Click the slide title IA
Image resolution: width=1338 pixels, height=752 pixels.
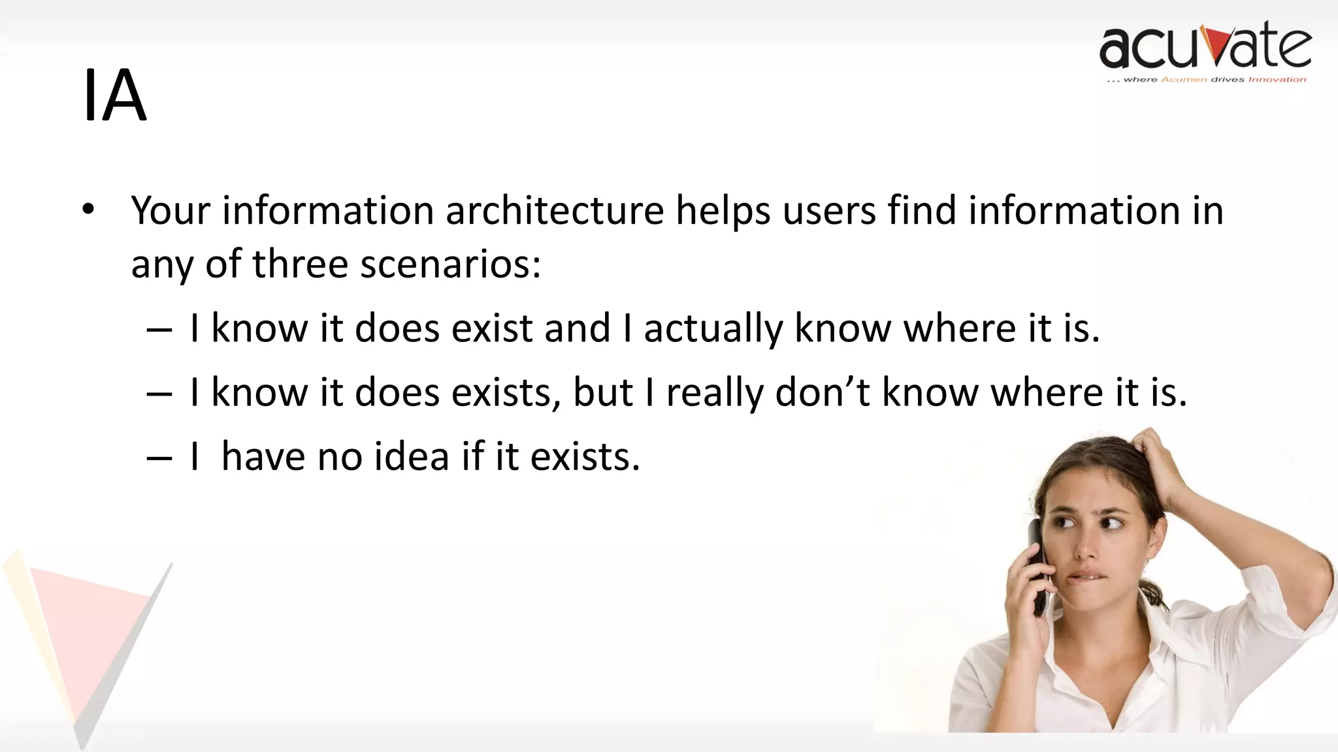115,96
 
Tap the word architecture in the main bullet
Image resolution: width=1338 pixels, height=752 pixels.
555,211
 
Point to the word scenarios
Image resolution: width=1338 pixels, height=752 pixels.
451,264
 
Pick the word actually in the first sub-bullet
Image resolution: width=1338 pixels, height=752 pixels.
713,328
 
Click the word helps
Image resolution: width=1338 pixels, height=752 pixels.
723,211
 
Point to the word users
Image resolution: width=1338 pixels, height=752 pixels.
829,211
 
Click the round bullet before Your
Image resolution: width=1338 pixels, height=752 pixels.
89,210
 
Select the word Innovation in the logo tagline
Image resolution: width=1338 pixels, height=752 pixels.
1277,80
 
